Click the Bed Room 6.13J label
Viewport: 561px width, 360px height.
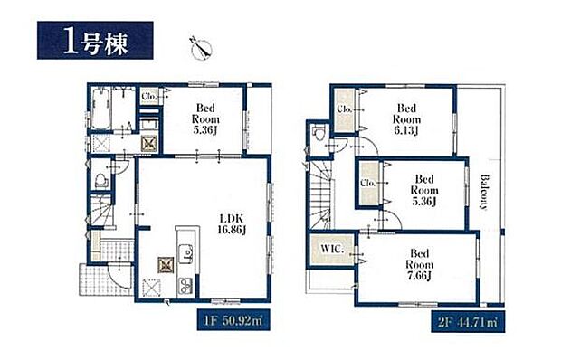[407, 118]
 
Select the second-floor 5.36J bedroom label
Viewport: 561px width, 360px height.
[423, 191]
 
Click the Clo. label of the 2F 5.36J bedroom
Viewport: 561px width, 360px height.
[368, 183]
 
